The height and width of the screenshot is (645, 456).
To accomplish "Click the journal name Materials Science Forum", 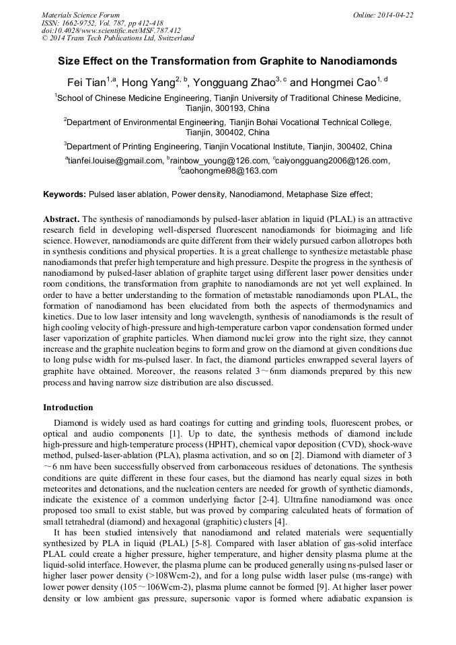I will (81, 15).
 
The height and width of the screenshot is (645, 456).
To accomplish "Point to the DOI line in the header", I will (111, 30).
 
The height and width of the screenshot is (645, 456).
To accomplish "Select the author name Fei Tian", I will (83, 82).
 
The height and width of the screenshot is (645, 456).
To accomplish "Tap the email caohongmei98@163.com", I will (229, 171).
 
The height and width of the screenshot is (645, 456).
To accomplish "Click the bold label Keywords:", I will (65, 194).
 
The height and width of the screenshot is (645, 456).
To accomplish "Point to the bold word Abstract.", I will (61, 219).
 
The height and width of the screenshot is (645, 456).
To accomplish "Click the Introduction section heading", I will (68, 408).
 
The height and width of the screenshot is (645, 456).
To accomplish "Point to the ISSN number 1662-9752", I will (77, 23).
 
